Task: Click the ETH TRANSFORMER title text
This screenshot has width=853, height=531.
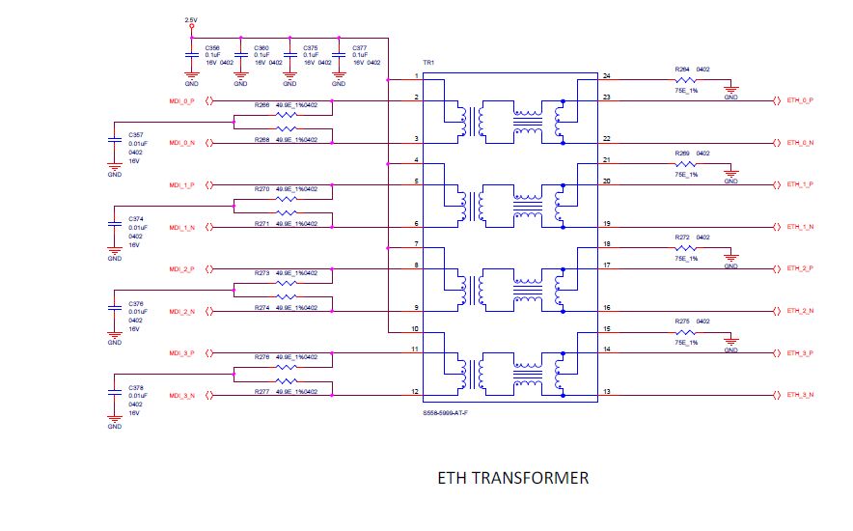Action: click(x=512, y=478)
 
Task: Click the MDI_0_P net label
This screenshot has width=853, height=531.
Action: click(x=182, y=100)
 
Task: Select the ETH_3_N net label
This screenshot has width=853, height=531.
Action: click(x=801, y=396)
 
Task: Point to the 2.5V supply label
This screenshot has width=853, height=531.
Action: click(x=191, y=19)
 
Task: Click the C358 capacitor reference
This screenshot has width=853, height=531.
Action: click(x=212, y=47)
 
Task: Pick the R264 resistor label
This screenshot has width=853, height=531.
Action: click(x=681, y=70)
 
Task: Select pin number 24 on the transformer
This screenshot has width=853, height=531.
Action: click(x=606, y=75)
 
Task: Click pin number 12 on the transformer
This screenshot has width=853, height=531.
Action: click(x=415, y=392)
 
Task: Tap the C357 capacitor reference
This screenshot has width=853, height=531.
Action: click(x=135, y=135)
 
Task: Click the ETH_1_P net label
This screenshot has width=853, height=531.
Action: click(x=801, y=184)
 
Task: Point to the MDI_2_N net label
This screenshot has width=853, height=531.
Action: click(x=182, y=312)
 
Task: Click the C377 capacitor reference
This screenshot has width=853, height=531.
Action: click(x=359, y=47)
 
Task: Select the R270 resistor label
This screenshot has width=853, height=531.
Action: click(x=262, y=189)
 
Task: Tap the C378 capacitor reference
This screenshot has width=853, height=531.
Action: click(x=135, y=388)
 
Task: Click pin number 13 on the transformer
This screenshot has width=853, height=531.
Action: click(x=606, y=392)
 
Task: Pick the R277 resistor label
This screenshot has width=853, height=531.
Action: click(x=262, y=392)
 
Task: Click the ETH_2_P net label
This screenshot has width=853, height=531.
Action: click(x=801, y=268)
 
